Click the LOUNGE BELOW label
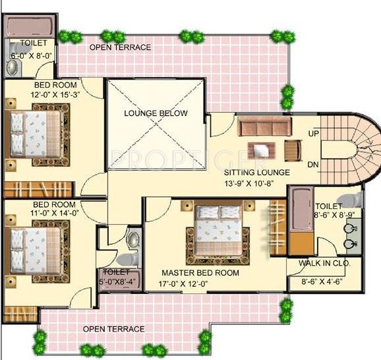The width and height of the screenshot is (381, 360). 156,113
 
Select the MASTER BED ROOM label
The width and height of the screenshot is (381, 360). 200,273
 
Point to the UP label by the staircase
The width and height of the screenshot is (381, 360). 314,134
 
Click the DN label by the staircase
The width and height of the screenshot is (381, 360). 314,164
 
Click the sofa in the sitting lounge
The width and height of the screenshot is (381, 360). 264,127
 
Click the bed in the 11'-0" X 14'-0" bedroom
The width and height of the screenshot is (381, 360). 36,249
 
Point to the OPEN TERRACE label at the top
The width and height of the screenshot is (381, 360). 121,47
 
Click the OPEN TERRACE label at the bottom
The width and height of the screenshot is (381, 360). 113,328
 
